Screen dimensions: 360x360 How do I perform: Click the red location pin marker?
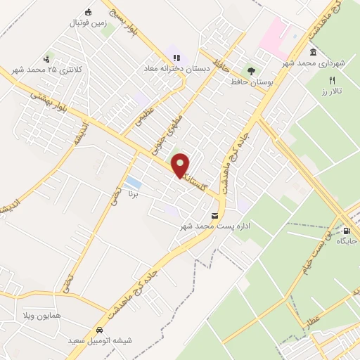pos(181,165)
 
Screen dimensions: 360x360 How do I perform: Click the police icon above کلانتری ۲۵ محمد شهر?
pos(46,59)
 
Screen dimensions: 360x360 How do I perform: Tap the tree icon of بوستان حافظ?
pos(250,70)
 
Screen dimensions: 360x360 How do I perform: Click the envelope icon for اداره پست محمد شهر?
pos(214,214)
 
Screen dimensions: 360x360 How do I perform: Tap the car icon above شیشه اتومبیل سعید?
pos(100,329)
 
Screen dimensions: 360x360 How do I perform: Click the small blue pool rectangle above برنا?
pos(131,185)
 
